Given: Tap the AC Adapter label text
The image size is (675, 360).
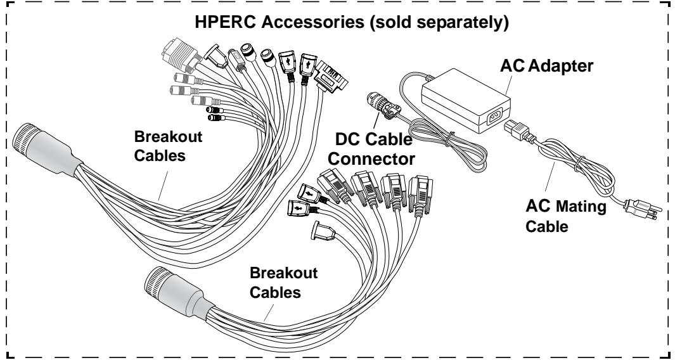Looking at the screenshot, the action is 547,67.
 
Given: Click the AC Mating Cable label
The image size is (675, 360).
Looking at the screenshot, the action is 565,216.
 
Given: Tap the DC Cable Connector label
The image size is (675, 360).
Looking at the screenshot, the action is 371,149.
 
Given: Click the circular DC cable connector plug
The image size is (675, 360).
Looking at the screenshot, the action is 382,105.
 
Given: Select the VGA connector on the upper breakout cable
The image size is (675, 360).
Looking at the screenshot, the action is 181,56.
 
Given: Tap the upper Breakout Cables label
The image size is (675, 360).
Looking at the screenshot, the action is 168,146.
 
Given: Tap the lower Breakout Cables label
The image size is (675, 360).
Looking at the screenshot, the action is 284,282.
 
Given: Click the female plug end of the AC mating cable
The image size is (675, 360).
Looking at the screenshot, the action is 518,131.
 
